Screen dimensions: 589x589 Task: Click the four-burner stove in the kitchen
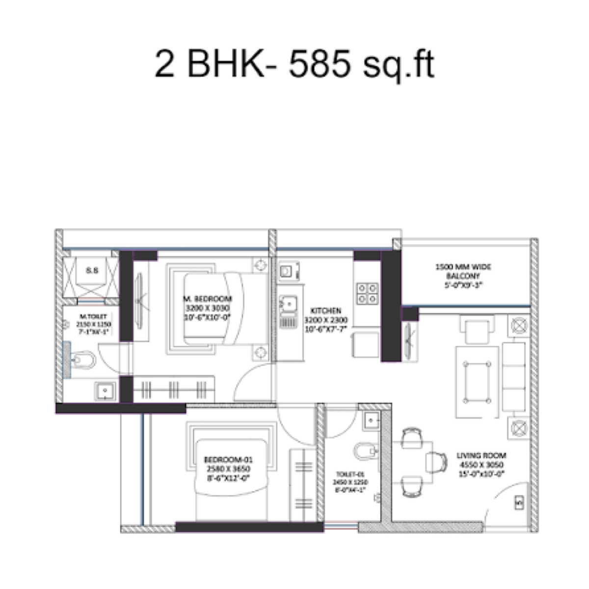click(x=367, y=293)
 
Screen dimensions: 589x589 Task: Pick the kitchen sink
click(x=288, y=304)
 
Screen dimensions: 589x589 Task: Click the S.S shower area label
click(x=91, y=269)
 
